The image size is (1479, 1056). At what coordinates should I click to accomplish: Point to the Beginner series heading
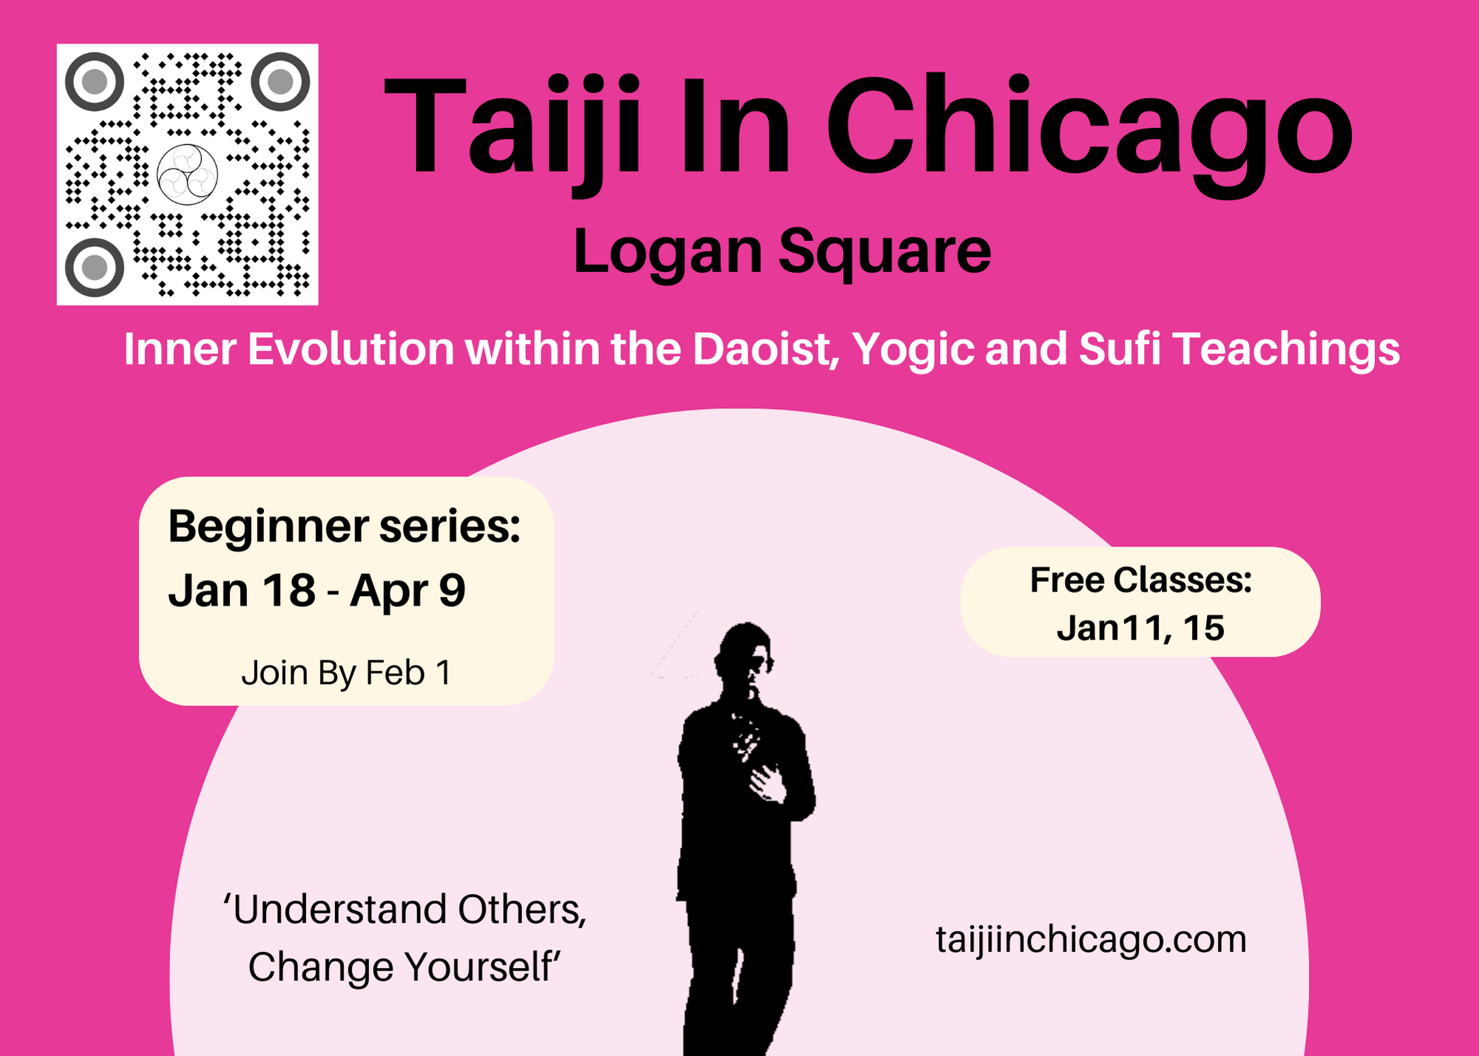click(345, 528)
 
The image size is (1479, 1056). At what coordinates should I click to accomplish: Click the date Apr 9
click(407, 592)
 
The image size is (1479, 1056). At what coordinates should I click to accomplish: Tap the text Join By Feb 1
click(346, 674)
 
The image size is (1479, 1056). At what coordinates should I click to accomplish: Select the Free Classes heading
click(1141, 581)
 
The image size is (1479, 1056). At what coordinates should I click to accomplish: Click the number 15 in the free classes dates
click(1203, 628)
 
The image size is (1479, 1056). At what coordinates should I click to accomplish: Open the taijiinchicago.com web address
click(1092, 940)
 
